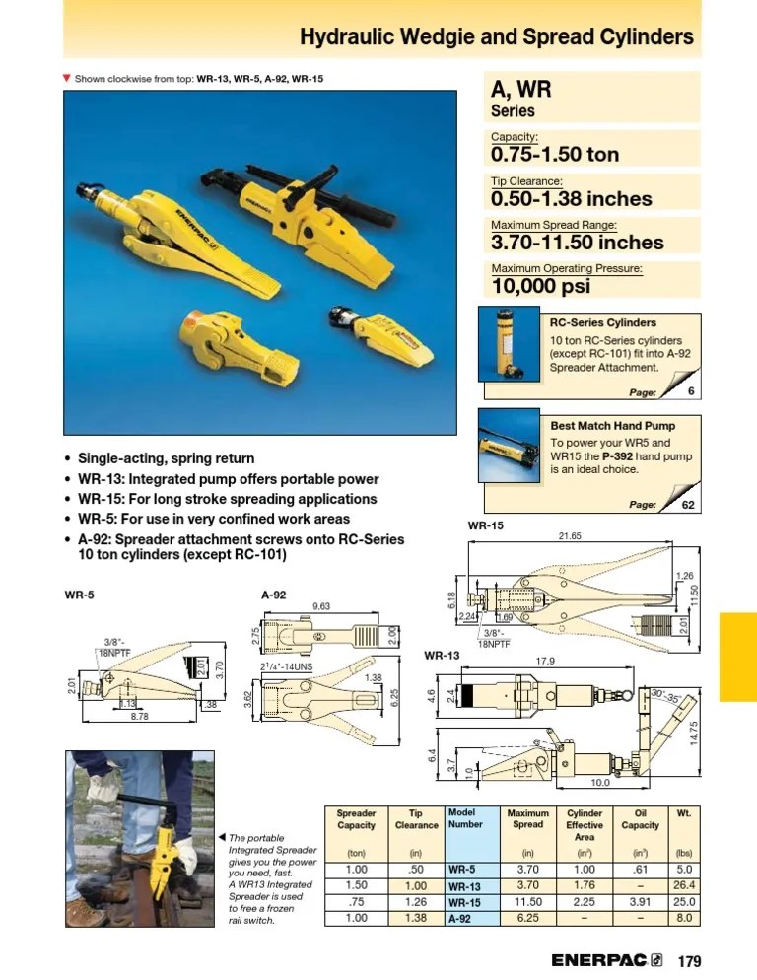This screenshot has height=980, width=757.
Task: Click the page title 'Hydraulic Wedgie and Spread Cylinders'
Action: [496, 37]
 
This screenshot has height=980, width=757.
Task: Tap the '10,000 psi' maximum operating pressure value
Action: [540, 286]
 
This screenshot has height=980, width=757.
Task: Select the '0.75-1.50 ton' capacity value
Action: [554, 155]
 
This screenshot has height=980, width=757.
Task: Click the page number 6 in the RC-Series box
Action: [691, 391]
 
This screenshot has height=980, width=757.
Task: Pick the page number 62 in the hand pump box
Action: [688, 505]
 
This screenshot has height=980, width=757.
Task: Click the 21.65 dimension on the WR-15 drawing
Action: [570, 536]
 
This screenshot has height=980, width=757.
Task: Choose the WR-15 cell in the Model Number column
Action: [464, 902]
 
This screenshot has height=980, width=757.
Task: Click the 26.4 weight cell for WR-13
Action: [683, 886]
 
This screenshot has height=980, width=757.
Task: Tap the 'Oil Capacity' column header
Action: [641, 820]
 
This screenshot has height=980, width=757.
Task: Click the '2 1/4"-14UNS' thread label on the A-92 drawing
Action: [286, 666]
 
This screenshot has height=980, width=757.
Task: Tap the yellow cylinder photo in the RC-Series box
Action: [508, 342]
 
